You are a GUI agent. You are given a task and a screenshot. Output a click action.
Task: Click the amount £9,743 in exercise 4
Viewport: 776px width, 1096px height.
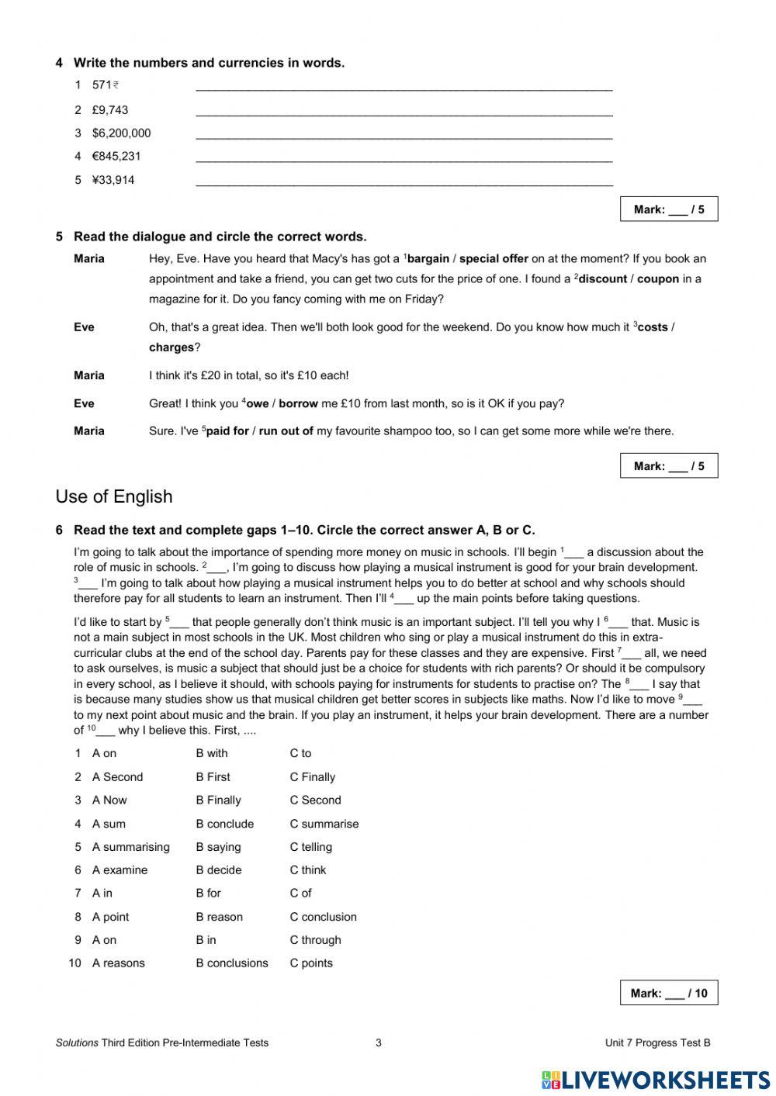click(x=110, y=110)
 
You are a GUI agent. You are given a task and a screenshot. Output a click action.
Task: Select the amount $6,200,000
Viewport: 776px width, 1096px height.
click(x=121, y=133)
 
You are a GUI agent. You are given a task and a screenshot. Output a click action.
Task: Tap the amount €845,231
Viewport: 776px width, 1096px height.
click(x=116, y=156)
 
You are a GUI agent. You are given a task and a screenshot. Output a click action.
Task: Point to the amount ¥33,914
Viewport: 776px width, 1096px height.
click(x=113, y=180)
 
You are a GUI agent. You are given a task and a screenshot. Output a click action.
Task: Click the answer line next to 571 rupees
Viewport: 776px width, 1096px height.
click(x=404, y=87)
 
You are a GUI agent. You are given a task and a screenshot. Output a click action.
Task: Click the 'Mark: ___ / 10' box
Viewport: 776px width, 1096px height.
click(x=668, y=993)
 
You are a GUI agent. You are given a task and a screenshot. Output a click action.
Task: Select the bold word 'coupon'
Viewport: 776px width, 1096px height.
click(x=657, y=279)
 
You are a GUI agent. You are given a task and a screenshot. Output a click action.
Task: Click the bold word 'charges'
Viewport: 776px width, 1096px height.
click(x=171, y=347)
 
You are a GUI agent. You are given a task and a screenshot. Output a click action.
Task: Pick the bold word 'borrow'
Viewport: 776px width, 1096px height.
click(x=299, y=403)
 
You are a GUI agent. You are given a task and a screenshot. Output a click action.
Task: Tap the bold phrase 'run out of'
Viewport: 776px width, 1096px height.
click(x=286, y=431)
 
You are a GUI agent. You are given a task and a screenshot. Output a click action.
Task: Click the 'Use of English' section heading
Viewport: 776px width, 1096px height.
click(x=114, y=496)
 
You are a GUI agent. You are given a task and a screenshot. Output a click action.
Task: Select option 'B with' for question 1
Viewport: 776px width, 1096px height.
click(x=212, y=753)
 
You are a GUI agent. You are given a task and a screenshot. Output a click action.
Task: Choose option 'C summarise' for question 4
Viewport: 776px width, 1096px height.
click(x=324, y=824)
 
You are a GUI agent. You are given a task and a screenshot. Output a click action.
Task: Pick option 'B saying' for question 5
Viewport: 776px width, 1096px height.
click(x=218, y=847)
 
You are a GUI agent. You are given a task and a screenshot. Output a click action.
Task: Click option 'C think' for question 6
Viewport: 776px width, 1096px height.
click(x=308, y=870)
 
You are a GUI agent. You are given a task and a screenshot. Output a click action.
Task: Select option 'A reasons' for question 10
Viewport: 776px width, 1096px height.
click(x=118, y=963)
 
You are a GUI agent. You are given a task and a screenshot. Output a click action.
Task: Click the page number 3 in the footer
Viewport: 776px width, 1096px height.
click(x=379, y=1042)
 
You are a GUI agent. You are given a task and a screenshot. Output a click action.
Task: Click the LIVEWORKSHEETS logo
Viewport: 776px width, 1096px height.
click(x=656, y=1080)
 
